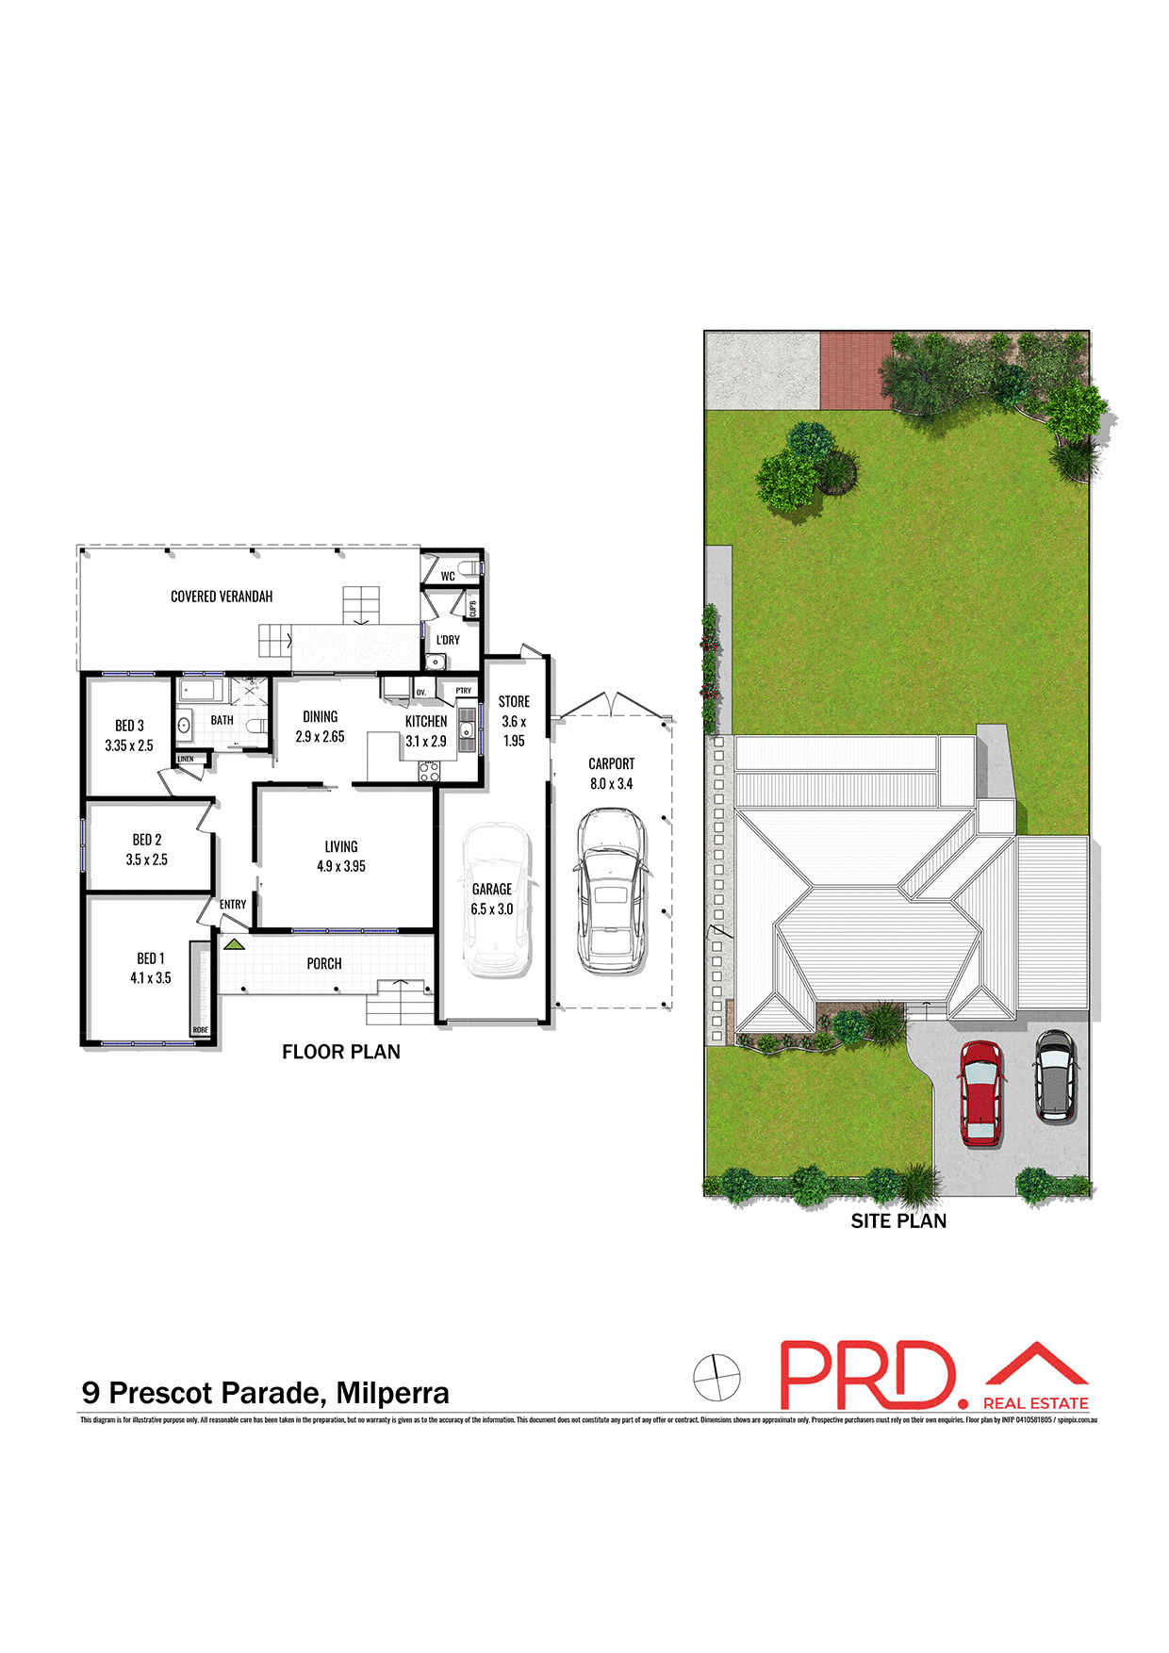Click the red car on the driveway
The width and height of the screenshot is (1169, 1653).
(x=980, y=1092)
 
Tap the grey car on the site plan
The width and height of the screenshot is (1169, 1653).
(x=1054, y=1075)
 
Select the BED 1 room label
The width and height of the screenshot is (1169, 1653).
(x=151, y=958)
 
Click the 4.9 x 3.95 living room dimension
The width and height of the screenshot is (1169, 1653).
(x=341, y=866)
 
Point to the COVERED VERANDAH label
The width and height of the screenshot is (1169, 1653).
(x=222, y=597)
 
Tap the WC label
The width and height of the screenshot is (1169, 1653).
(x=448, y=576)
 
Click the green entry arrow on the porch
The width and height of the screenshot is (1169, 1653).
(x=234, y=943)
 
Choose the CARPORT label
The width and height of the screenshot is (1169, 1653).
(x=612, y=763)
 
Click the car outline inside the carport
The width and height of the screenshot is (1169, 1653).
(x=611, y=891)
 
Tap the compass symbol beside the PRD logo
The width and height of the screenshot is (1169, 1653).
(x=716, y=1377)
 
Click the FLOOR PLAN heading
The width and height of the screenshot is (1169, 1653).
(x=341, y=1052)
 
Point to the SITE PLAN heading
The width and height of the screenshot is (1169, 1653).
(x=898, y=1221)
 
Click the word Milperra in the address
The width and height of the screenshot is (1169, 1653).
(x=392, y=1393)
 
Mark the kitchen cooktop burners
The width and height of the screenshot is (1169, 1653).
(x=429, y=771)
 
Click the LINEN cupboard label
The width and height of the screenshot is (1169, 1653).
(x=186, y=759)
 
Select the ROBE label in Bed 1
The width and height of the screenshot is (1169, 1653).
(x=200, y=1030)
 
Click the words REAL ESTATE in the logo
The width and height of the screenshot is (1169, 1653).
(x=1035, y=1403)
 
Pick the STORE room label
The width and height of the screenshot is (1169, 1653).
(x=514, y=702)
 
